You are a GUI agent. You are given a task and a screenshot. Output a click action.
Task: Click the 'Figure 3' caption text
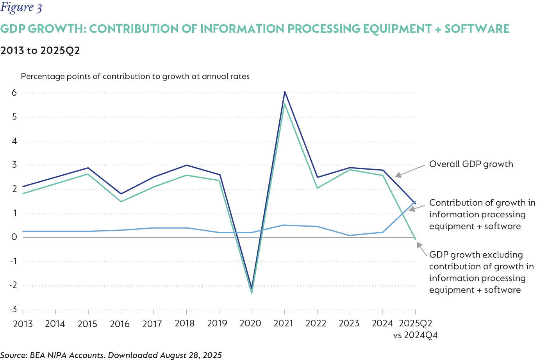(x=21, y=8)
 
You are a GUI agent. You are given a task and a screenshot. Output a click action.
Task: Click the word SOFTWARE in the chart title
(x=477, y=29)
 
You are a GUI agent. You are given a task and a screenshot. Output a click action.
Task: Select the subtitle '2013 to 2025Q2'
(x=40, y=51)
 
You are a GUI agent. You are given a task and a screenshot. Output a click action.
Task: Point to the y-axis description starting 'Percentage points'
(x=135, y=76)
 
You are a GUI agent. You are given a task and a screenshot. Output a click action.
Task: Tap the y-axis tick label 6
(x=14, y=93)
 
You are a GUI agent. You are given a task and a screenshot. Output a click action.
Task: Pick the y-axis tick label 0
(x=14, y=237)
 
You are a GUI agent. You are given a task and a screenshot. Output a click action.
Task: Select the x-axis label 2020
(x=250, y=323)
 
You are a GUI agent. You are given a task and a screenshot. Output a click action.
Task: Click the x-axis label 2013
(x=23, y=324)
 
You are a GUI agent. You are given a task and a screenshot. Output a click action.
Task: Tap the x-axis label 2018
(x=185, y=323)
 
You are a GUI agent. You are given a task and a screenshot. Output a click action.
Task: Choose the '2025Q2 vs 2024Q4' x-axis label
(x=415, y=329)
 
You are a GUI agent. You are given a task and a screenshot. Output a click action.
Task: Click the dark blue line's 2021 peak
(x=285, y=92)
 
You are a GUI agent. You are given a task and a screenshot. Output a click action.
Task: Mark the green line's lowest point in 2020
(x=252, y=293)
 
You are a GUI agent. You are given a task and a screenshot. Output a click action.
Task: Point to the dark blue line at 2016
(x=121, y=194)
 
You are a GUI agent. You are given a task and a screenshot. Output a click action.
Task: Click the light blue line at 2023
(x=350, y=235)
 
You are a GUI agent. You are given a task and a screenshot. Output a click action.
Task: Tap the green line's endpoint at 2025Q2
(x=415, y=238)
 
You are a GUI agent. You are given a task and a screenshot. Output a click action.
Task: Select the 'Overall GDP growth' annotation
(x=471, y=164)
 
